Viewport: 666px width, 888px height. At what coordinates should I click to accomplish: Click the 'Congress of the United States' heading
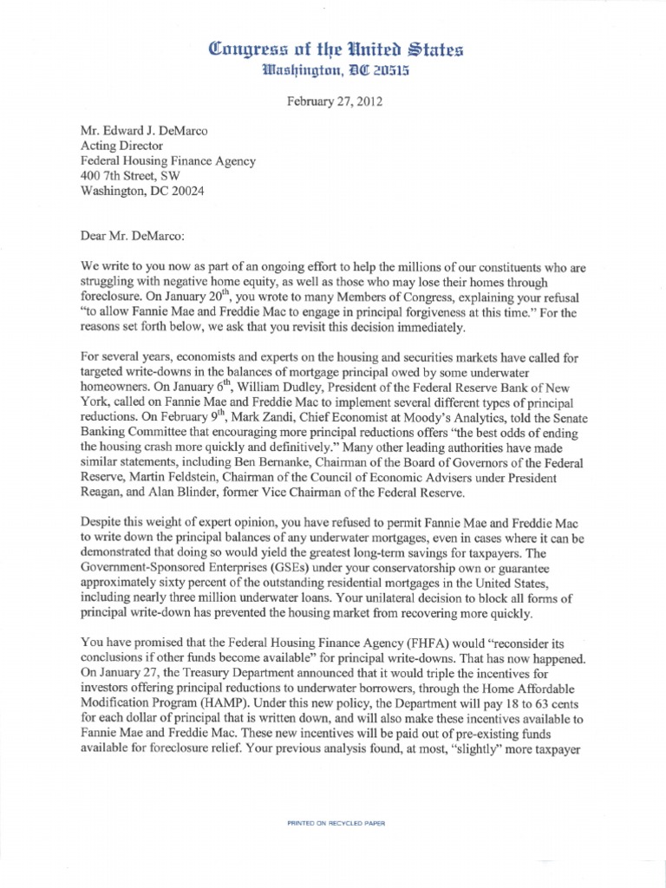332,49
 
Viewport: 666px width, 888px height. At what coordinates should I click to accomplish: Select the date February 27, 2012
334,101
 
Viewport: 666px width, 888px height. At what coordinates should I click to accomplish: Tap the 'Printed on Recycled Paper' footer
336,821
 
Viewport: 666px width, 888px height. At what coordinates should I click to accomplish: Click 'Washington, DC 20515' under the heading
333,70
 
